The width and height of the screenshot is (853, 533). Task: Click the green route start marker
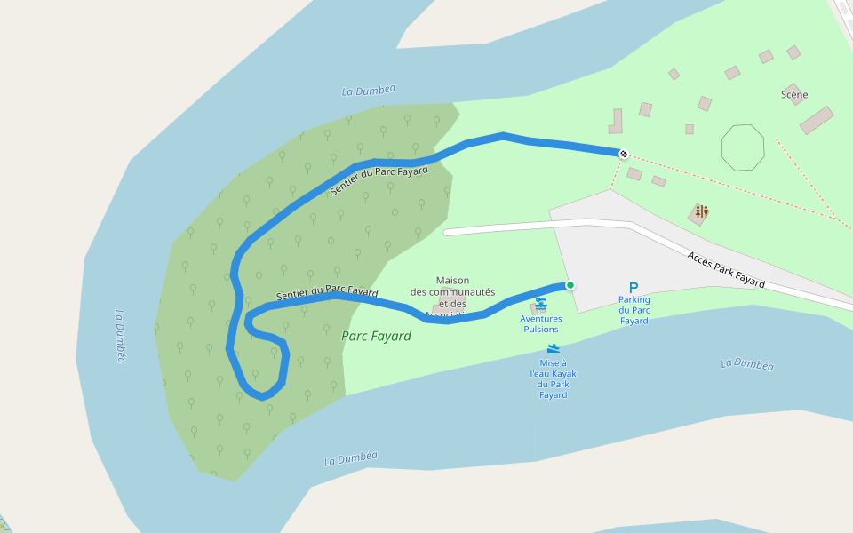(570, 285)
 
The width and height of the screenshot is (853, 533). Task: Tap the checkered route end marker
(624, 154)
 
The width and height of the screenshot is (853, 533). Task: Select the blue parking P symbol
(634, 288)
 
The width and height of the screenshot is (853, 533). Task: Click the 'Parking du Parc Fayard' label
(634, 310)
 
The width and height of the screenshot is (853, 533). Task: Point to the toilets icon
(702, 211)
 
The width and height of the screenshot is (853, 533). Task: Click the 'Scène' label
(794, 94)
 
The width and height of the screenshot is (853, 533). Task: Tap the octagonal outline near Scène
(743, 147)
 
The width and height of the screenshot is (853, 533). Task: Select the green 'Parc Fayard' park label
(376, 336)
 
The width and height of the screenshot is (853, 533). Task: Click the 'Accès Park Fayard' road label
(726, 269)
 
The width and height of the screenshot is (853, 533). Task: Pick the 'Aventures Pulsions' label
(541, 323)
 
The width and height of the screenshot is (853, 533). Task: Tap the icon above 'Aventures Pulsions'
(541, 304)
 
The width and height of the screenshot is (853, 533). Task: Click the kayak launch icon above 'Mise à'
(553, 348)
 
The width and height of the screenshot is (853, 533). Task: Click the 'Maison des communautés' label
(452, 292)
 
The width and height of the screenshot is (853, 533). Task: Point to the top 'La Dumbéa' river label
(368, 91)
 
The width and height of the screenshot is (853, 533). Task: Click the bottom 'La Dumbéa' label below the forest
(350, 458)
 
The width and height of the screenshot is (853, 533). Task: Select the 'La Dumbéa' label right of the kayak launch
(747, 364)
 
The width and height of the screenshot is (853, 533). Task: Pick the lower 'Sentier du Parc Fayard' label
(327, 293)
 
